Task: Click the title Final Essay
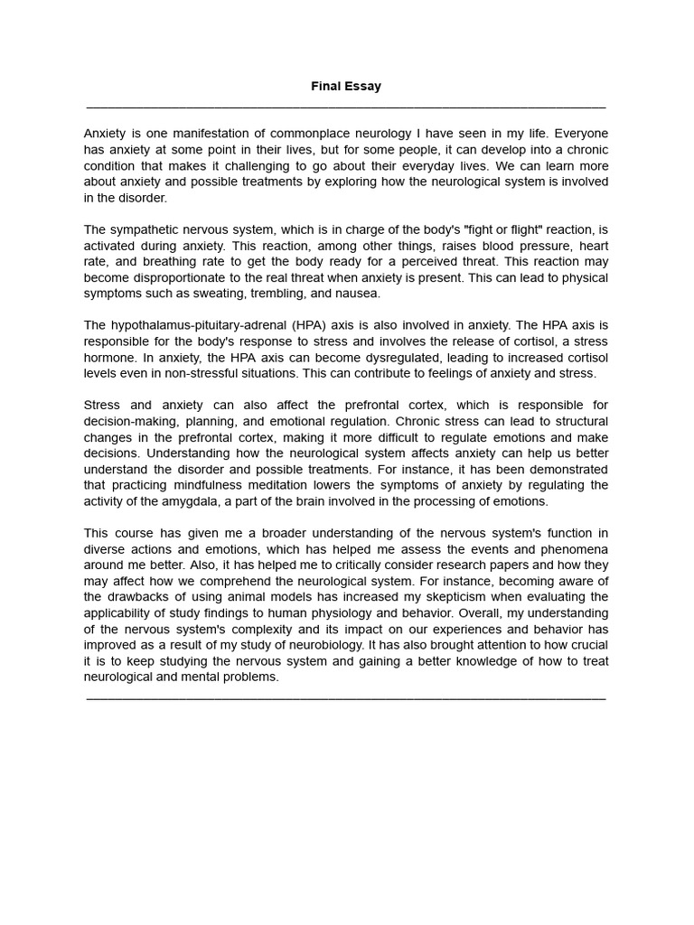[x=346, y=87]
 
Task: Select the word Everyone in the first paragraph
[x=578, y=133]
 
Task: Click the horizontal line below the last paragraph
[x=346, y=697]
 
